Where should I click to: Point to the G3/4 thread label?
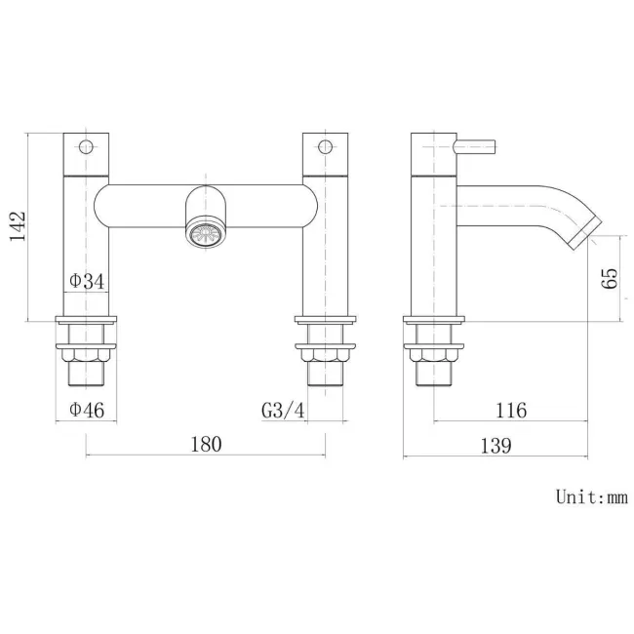coord(284,411)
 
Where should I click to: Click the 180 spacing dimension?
coord(205,444)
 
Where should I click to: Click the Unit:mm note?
coord(591,496)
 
